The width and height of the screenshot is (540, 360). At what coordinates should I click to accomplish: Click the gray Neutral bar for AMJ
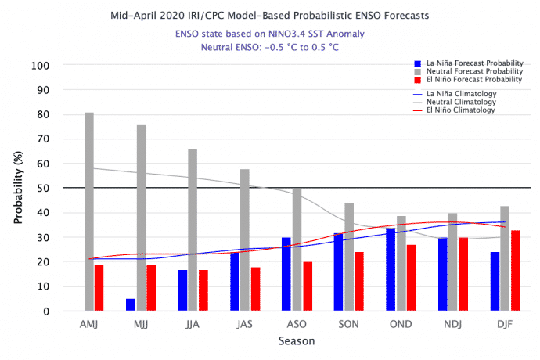coord(89,211)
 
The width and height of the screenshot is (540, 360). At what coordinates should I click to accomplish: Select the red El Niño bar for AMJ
coord(99,287)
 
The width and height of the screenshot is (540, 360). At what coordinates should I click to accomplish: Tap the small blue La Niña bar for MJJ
coord(131,304)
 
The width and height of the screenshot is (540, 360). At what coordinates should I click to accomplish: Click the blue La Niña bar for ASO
coord(286,274)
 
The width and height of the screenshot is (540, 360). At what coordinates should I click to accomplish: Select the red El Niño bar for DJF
coord(515,270)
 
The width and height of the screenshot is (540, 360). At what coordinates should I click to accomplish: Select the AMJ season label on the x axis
coord(89,324)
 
